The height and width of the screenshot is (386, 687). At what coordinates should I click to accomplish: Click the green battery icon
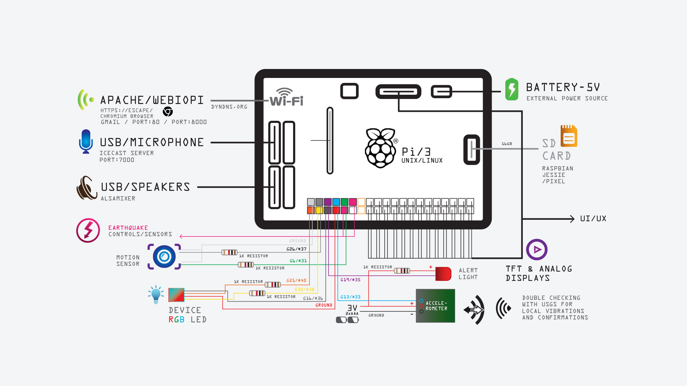(x=512, y=89)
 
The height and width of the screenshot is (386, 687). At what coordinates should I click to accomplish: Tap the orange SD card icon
(x=569, y=136)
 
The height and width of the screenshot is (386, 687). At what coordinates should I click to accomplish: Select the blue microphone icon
(x=86, y=141)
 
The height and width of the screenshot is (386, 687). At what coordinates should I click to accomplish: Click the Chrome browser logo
(x=168, y=112)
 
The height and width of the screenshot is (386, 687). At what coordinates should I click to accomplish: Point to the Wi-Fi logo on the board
(x=286, y=97)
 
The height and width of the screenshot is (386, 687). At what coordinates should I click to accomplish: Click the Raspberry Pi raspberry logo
(x=380, y=148)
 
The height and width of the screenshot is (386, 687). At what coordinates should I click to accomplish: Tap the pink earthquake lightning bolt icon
(x=88, y=231)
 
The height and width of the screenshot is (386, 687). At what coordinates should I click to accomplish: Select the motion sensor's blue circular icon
(x=164, y=257)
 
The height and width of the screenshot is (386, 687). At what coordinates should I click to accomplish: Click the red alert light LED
(x=443, y=274)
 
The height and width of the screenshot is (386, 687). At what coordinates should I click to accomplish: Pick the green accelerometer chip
(x=435, y=306)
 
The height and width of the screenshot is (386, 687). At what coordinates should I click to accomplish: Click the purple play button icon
(x=537, y=249)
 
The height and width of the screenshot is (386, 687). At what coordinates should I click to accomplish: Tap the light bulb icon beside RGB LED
(x=156, y=294)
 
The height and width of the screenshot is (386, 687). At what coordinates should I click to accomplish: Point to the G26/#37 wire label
(x=296, y=249)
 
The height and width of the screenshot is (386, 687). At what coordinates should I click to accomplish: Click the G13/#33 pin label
(x=350, y=297)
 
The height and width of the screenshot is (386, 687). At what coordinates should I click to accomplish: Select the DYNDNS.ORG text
(x=229, y=107)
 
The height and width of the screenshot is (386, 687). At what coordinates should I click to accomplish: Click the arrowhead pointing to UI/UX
(x=572, y=219)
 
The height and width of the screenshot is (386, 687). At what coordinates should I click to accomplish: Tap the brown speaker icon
(x=87, y=188)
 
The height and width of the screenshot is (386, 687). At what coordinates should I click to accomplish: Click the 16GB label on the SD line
(x=507, y=144)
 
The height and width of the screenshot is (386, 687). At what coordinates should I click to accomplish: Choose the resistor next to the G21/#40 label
(x=273, y=284)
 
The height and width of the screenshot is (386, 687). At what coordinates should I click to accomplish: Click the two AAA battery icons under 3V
(x=347, y=320)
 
